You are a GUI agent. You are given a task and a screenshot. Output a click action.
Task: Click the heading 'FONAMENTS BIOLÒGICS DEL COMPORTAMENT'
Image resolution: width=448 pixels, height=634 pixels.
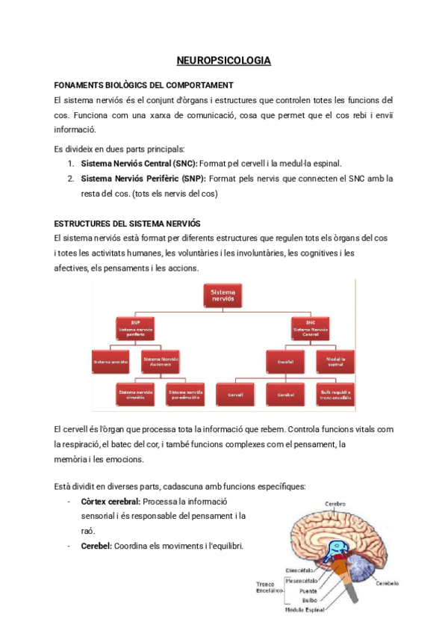(x=144, y=85)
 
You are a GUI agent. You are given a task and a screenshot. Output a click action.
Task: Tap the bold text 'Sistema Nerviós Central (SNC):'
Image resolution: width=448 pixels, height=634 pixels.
(x=139, y=163)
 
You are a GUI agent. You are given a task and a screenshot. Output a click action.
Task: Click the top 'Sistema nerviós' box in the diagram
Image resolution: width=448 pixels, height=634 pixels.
(x=223, y=295)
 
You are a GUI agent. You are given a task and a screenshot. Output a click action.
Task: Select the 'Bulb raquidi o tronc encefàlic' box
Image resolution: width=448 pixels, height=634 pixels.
(x=335, y=393)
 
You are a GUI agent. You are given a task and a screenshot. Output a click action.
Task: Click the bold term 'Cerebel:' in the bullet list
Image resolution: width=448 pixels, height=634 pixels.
(x=97, y=547)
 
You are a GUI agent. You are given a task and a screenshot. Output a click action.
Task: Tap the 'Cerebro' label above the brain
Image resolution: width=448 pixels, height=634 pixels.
(x=335, y=504)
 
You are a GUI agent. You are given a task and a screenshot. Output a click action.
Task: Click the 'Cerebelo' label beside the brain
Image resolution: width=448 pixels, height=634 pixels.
(x=387, y=582)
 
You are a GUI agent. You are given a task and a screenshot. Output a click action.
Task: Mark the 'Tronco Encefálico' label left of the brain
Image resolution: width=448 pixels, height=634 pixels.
(x=268, y=587)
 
